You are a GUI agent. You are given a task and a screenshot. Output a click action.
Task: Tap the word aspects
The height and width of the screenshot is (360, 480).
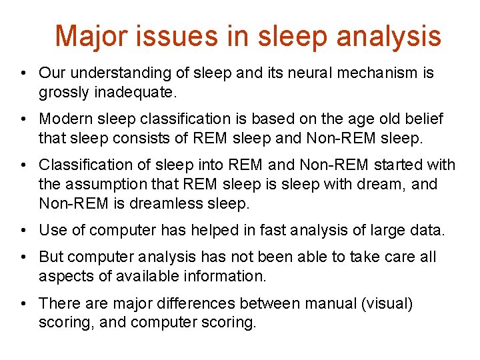pyautogui.click(x=65, y=275)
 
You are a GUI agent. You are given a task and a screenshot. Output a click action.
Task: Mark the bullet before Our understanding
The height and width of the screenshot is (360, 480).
pyautogui.click(x=23, y=73)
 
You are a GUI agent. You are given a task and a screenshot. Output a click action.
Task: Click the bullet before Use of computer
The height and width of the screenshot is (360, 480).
pyautogui.click(x=23, y=230)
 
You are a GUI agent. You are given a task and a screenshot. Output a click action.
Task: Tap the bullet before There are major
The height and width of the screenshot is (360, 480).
pyautogui.click(x=23, y=304)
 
